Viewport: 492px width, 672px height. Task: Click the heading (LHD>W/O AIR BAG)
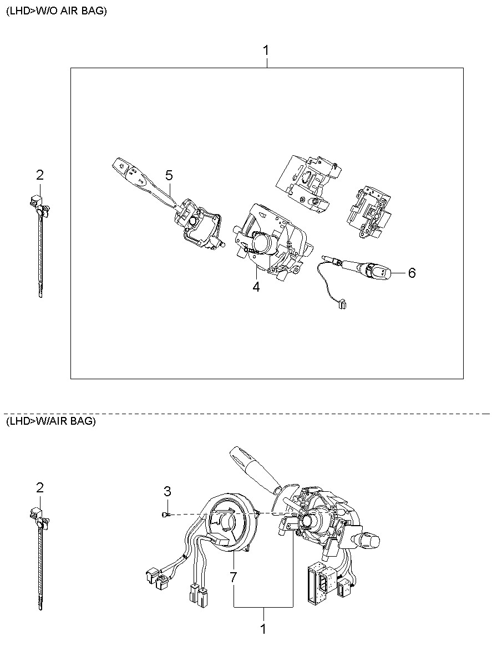57,11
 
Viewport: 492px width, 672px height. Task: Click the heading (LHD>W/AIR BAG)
51,421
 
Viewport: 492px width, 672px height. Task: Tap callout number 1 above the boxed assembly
266,50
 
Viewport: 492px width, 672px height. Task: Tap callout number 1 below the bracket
263,629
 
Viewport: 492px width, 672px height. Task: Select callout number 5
169,175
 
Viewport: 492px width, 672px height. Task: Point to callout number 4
256,287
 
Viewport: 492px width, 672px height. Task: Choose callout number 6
412,273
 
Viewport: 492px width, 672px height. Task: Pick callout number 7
233,577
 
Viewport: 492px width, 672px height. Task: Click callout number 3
167,491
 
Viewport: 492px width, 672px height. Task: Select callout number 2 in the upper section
39,175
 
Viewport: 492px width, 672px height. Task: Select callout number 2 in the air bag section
39,488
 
